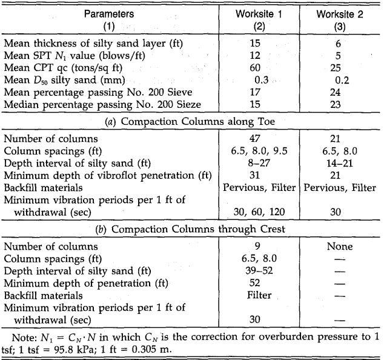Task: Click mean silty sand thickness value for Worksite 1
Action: [255, 43]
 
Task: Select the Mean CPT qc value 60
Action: [255, 67]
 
